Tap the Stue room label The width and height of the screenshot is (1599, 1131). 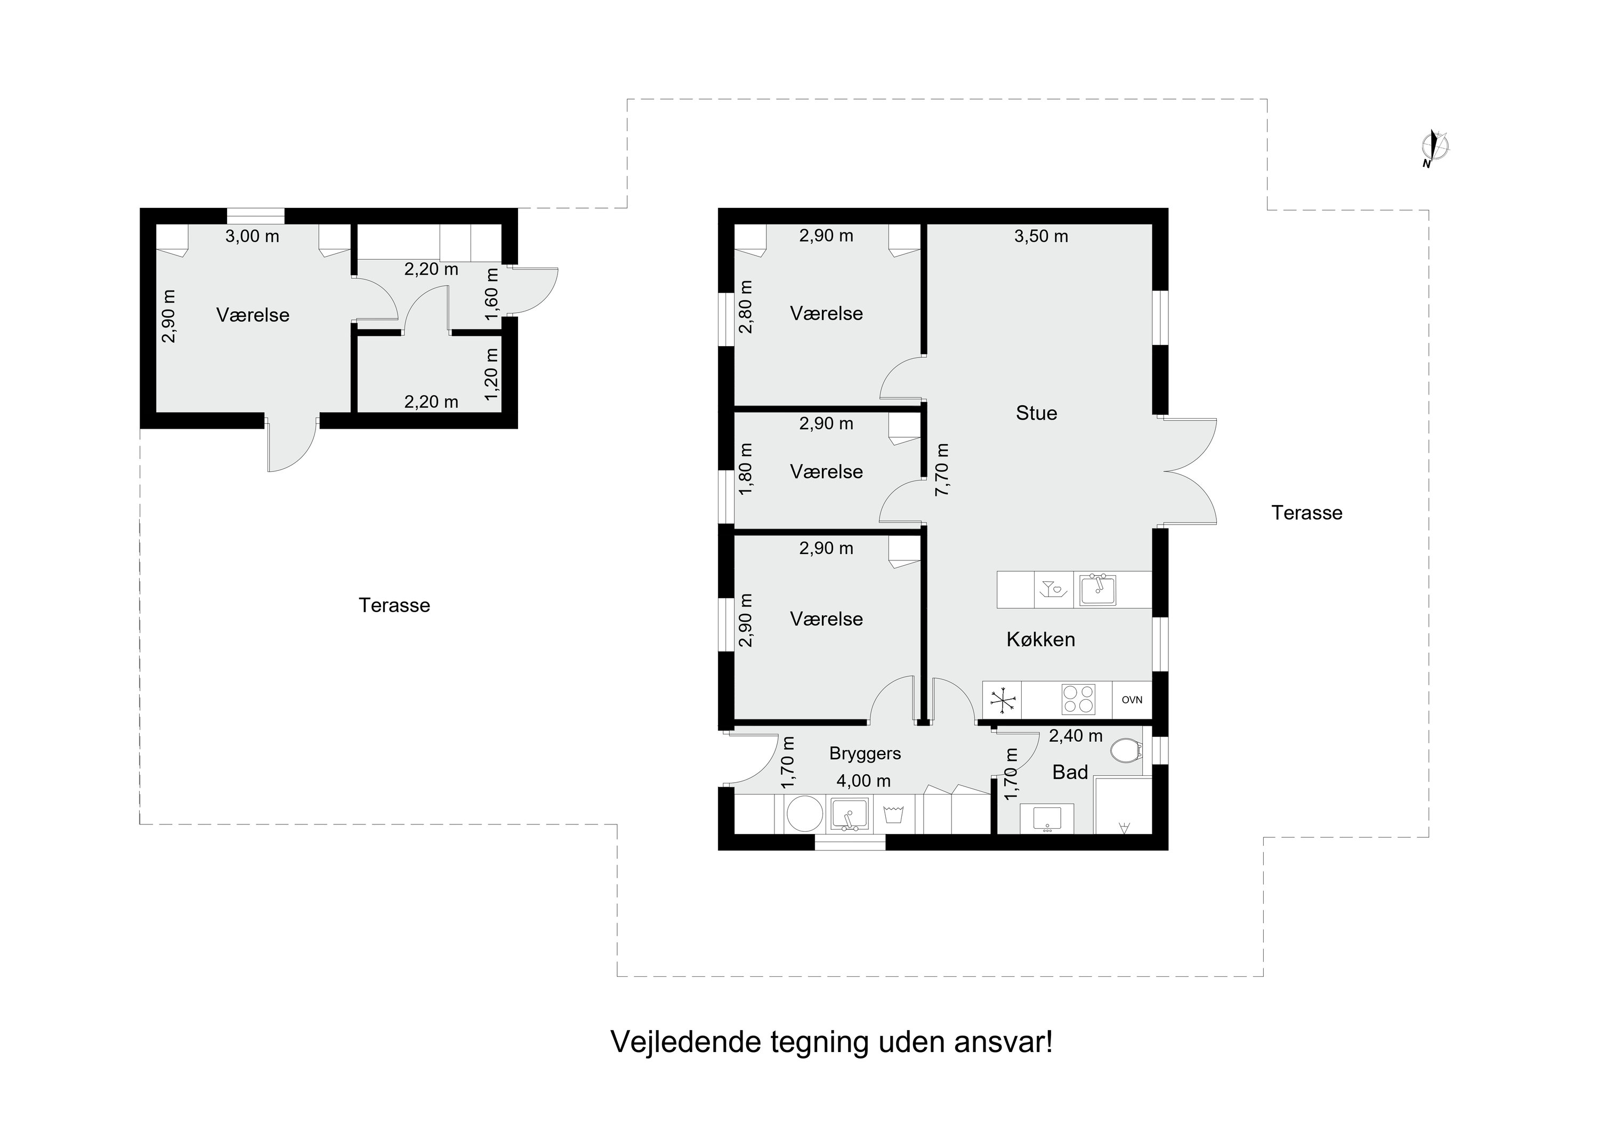[1036, 413]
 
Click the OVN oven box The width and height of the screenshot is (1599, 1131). [1132, 700]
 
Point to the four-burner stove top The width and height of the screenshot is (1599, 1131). [1078, 700]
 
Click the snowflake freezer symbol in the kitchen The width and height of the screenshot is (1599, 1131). [1002, 700]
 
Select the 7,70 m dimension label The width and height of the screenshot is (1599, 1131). [942, 469]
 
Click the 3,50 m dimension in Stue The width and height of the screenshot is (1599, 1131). [1040, 236]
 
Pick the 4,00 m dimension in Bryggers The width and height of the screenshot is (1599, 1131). [863, 781]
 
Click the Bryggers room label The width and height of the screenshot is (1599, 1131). [865, 753]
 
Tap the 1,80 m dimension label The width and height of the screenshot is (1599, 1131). [746, 469]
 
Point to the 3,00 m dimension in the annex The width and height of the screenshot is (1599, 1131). [252, 236]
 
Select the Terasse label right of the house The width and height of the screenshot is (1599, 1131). [1306, 513]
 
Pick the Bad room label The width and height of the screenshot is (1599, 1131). [1070, 772]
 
